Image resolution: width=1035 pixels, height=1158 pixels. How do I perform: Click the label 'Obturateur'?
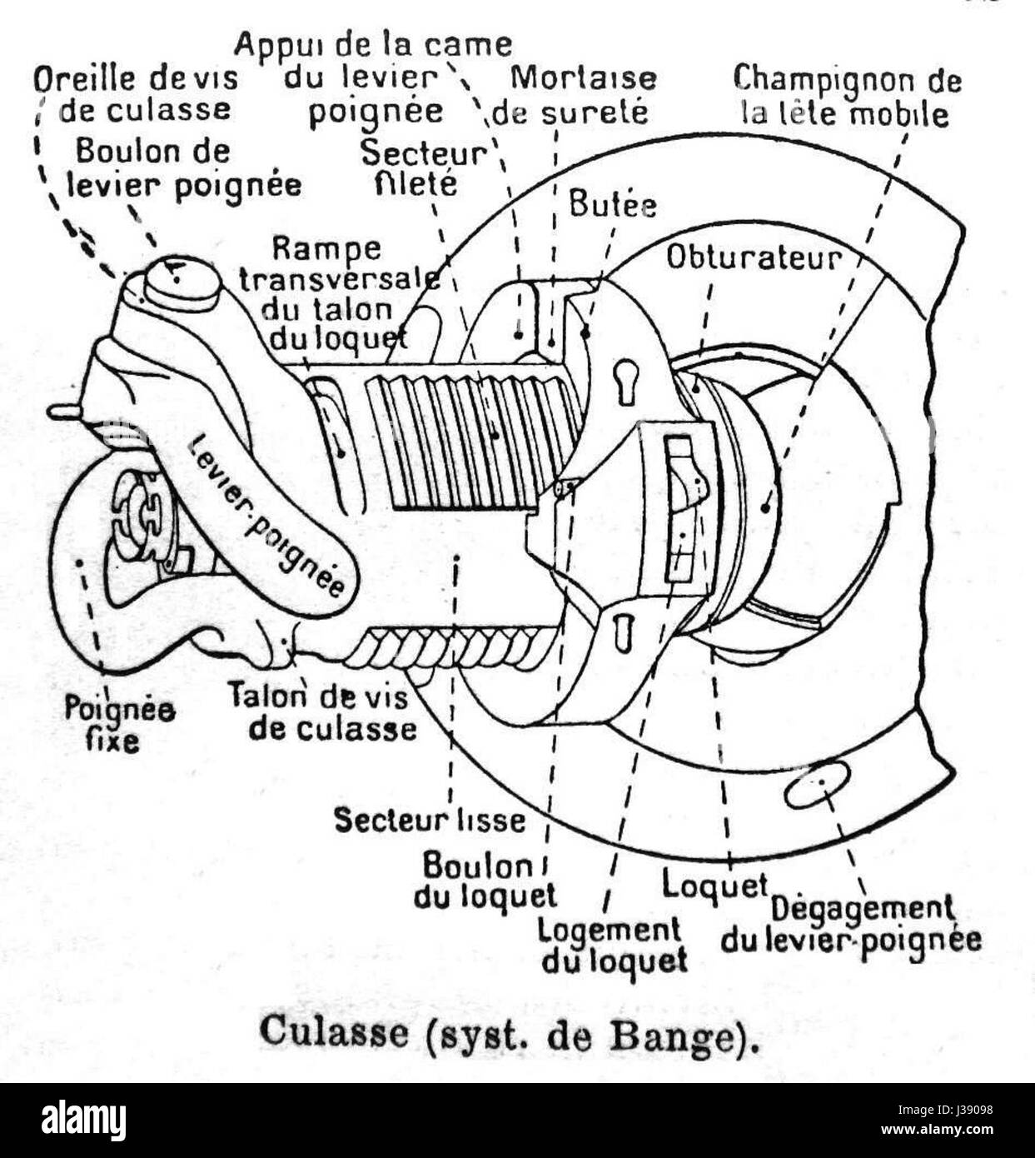[x=754, y=258]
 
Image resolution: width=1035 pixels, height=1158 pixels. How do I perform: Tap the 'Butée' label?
[x=613, y=204]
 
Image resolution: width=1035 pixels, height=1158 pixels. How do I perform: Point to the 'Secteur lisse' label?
[x=430, y=820]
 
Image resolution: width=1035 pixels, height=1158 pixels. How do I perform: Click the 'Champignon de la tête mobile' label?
[x=846, y=96]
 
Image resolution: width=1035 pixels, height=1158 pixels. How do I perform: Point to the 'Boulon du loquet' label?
[x=485, y=881]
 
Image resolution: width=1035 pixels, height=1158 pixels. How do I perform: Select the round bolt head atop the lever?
[x=182, y=281]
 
